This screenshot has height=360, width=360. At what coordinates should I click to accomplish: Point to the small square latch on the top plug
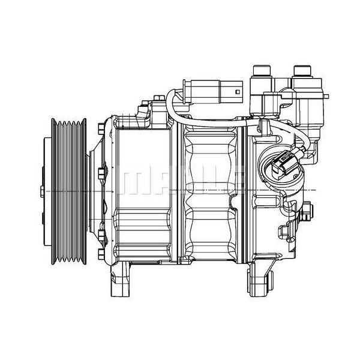click(238, 92)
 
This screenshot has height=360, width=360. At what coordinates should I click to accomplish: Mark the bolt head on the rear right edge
click(308, 211)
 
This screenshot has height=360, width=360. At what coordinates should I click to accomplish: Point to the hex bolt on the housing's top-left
click(142, 110)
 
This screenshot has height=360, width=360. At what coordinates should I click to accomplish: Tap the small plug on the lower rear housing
click(284, 230)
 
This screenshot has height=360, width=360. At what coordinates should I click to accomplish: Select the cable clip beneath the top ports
click(264, 124)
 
